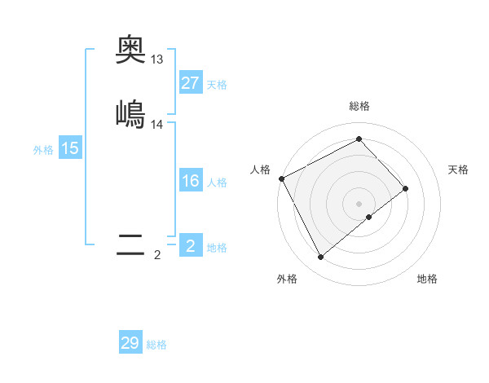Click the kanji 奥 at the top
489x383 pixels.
click(131, 51)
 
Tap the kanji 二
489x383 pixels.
click(131, 245)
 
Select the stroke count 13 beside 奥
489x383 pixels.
click(156, 59)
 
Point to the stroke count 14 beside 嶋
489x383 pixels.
click(157, 125)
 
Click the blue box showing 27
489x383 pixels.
click(191, 83)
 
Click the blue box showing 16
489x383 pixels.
click(191, 181)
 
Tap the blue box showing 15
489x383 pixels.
click(70, 148)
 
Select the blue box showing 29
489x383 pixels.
click(130, 343)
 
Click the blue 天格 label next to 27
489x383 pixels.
click(217, 85)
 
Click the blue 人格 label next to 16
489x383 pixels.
click(217, 183)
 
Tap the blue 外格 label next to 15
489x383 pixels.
click(43, 150)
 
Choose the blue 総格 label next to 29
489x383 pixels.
click(156, 345)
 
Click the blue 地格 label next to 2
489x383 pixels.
click(217, 248)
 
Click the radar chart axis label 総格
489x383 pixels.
click(359, 107)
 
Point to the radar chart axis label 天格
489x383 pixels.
click(458, 169)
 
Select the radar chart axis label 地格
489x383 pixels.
click(427, 280)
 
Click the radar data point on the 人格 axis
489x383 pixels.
click(281, 178)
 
